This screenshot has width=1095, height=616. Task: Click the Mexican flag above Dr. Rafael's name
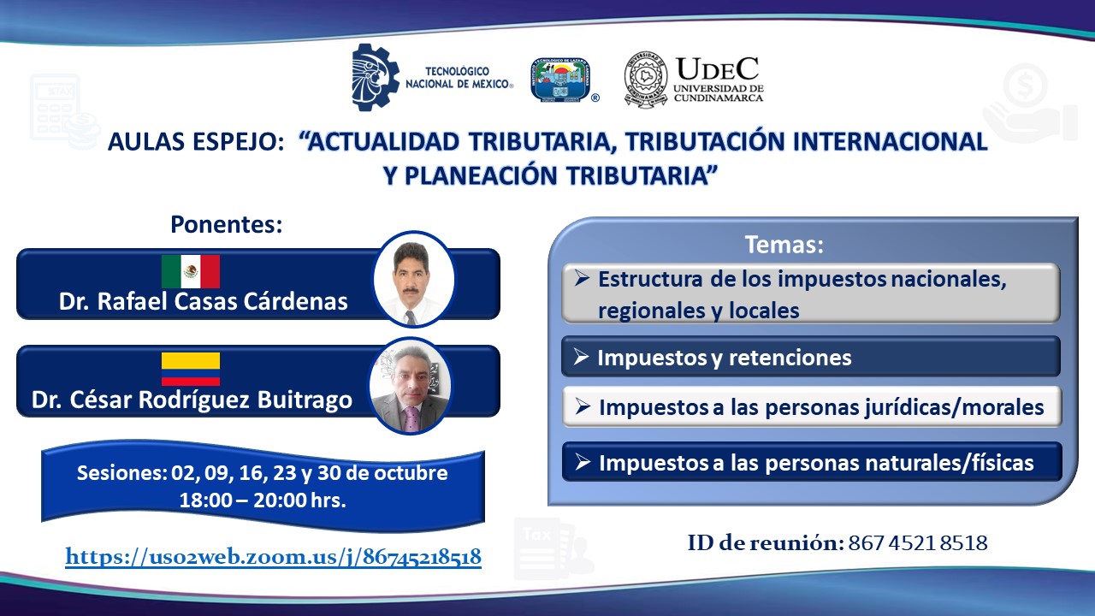tap(191, 271)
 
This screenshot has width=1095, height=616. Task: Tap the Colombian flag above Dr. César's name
tap(191, 369)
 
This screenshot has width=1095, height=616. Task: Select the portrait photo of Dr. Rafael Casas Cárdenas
tap(414, 279)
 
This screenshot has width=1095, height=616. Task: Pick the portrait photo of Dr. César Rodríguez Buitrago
tap(411, 386)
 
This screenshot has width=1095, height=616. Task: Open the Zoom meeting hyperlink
tap(273, 557)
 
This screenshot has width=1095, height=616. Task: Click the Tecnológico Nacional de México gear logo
tap(376, 77)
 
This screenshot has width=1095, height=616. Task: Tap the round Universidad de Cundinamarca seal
tap(646, 80)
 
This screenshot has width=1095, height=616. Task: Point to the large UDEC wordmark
tap(717, 69)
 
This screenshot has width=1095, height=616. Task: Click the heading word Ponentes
tap(227, 225)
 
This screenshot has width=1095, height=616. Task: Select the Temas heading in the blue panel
tap(784, 245)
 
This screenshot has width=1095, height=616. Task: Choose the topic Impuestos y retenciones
tap(725, 358)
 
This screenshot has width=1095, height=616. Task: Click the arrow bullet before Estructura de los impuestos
tap(582, 278)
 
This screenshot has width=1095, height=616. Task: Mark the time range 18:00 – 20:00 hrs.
tap(263, 500)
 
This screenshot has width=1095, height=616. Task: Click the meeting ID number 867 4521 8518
tap(918, 543)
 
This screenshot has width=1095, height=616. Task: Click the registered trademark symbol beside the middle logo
tap(595, 98)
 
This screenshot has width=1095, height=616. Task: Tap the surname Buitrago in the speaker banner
tap(305, 400)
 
